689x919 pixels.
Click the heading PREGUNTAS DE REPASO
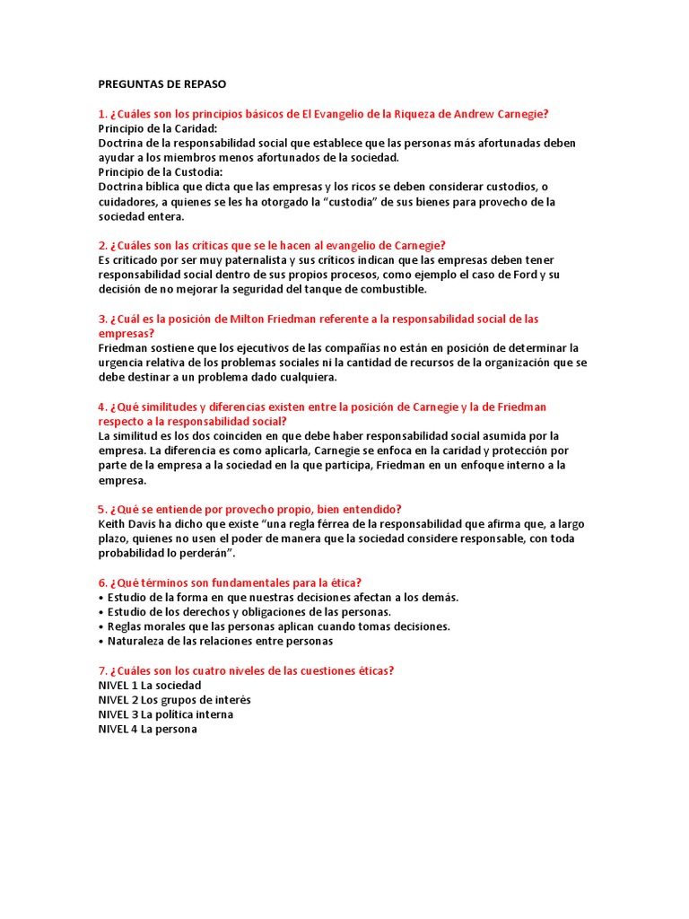(x=162, y=84)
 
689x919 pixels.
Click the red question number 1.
(x=102, y=114)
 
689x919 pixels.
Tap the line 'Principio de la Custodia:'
(x=161, y=172)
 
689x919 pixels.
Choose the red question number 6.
(x=102, y=582)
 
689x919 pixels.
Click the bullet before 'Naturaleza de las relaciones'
(x=100, y=642)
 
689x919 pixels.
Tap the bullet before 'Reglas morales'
(x=100, y=626)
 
